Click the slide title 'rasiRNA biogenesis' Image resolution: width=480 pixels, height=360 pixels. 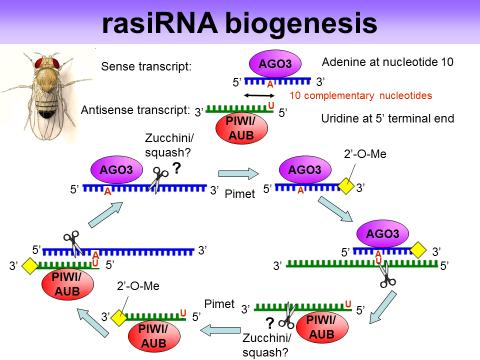(x=239, y=22)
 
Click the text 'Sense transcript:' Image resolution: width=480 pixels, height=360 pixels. (x=146, y=66)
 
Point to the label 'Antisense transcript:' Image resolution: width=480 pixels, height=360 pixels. (x=135, y=110)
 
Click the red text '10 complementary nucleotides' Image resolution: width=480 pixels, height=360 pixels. (x=361, y=95)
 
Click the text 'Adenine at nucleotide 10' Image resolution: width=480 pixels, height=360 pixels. (x=387, y=62)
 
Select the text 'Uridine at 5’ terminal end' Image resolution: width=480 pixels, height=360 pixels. (x=387, y=119)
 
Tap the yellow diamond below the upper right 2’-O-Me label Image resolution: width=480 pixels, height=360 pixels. (x=346, y=187)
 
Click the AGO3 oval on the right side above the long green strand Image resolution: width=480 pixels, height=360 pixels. (x=382, y=234)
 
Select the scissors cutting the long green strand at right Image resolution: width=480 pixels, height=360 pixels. (x=385, y=274)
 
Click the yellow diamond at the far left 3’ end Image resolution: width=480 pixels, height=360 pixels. (x=30, y=265)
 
